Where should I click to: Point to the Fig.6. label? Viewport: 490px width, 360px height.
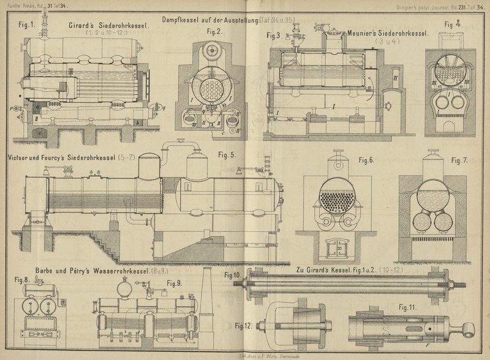[x=366, y=160]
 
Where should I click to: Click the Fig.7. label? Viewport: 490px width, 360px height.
[x=459, y=160]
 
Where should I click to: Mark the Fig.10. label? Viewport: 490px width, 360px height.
[x=233, y=276]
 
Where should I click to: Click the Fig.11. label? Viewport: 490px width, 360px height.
[x=406, y=307]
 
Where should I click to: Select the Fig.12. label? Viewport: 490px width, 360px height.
[x=244, y=326]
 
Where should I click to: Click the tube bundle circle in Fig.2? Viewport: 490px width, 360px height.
[x=210, y=91]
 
